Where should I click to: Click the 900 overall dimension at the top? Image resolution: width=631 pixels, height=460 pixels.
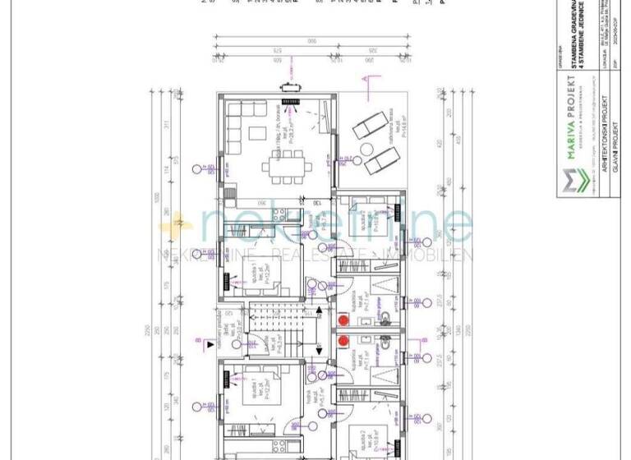pos(311,40)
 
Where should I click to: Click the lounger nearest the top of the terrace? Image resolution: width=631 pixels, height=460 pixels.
pos(369,126)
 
